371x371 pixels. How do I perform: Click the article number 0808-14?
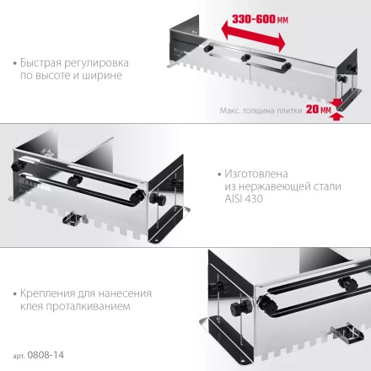(x=46, y=356)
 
